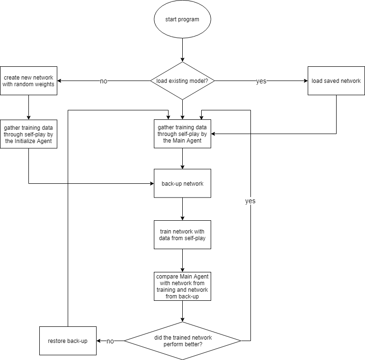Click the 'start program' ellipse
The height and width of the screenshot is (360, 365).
pyautogui.click(x=182, y=19)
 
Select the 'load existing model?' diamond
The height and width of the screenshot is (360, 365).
pyautogui.click(x=182, y=81)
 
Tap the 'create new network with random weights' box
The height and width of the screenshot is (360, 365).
pyautogui.click(x=28, y=81)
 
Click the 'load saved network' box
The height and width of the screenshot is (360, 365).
pyautogui.click(x=336, y=81)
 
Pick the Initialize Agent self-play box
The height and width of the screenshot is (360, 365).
pyautogui.click(x=28, y=134)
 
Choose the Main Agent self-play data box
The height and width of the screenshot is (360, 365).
pyautogui.click(x=182, y=134)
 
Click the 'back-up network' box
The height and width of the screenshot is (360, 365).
pyautogui.click(x=182, y=183)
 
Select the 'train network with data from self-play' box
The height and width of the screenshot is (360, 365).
pyautogui.click(x=182, y=235)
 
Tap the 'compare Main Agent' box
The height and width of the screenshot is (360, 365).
pyautogui.click(x=182, y=287)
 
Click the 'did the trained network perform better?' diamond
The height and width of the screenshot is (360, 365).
pyautogui.click(x=183, y=341)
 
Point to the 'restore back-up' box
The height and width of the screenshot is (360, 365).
pyautogui.click(x=68, y=341)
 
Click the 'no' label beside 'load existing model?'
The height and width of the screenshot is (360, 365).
pyautogui.click(x=104, y=81)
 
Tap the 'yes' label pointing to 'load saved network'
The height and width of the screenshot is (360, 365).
pyautogui.click(x=261, y=81)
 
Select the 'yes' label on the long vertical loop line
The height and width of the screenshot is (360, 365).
pyautogui.click(x=250, y=201)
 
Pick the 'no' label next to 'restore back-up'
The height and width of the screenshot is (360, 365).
pyautogui.click(x=110, y=341)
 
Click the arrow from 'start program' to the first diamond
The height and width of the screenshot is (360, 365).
pyautogui.click(x=183, y=50)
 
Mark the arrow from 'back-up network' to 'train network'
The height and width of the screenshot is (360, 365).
pyautogui.click(x=183, y=209)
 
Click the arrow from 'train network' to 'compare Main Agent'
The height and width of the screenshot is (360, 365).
pyautogui.click(x=183, y=261)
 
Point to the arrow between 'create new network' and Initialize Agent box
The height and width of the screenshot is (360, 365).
pyautogui.click(x=28, y=108)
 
